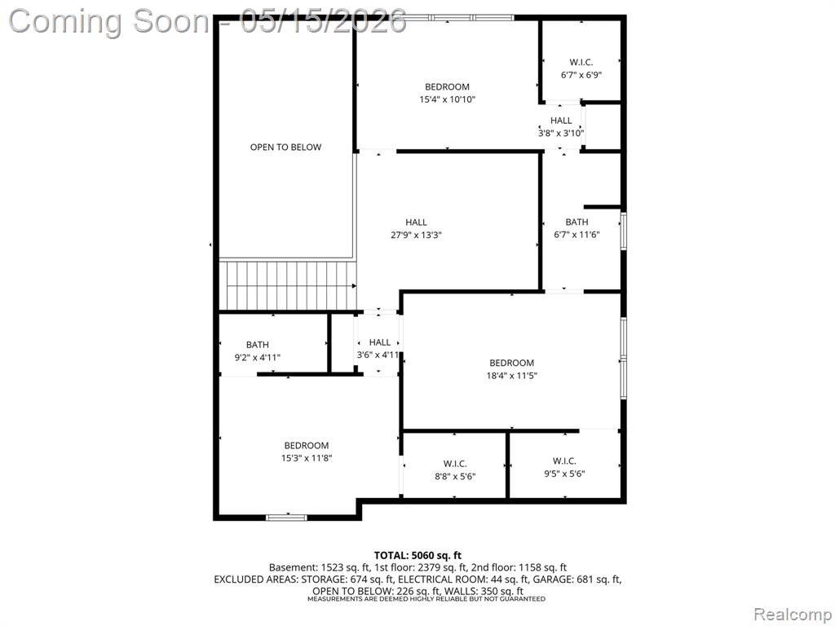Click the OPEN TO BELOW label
[286, 147]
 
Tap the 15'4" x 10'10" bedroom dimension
[448, 99]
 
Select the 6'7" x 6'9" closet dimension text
[581, 75]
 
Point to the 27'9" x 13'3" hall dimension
[417, 235]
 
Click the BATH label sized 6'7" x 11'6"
[577, 222]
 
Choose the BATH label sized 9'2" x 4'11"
[257, 345]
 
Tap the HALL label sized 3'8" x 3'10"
[561, 121]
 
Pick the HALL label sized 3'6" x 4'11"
[380, 342]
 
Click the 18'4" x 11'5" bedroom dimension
[512, 376]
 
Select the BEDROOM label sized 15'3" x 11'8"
[307, 446]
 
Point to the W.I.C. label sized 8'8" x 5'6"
[455, 464]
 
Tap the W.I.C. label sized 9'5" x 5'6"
[564, 461]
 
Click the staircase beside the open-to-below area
[288, 284]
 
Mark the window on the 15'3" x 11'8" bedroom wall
[286, 517]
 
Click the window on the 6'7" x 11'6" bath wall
[624, 231]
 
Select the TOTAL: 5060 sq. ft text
[417, 556]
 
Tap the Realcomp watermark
[793, 615]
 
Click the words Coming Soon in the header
[109, 21]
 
